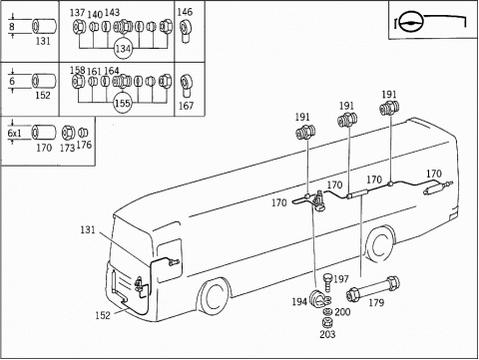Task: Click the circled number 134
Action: tap(123, 49)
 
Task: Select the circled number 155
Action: tap(123, 103)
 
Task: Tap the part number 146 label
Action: tap(185, 12)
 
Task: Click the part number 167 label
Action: tap(186, 106)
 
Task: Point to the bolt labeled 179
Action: tap(373, 288)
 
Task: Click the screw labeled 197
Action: tap(328, 282)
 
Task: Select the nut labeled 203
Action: tap(327, 322)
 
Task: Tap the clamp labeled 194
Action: tap(318, 299)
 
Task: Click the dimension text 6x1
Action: tap(14, 134)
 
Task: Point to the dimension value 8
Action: tap(12, 26)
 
